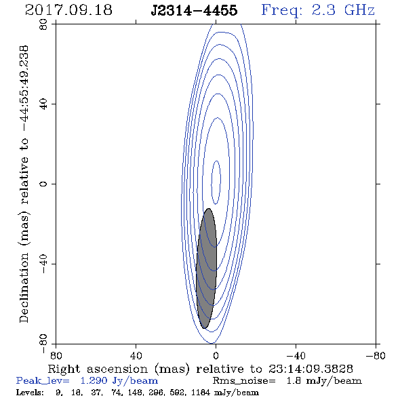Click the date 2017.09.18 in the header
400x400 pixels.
click(68, 10)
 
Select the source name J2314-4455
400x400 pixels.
click(194, 10)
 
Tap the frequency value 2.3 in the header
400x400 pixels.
click(323, 10)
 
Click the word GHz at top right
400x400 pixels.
click(360, 10)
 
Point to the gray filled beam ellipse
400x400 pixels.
click(206, 268)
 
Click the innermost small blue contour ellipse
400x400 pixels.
click(216, 182)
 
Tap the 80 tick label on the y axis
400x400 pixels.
click(43, 24)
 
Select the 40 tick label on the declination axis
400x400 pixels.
click(43, 104)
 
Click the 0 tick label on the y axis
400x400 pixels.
click(43, 184)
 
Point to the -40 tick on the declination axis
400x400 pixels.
click(43, 264)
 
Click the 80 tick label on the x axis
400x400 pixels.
click(56, 355)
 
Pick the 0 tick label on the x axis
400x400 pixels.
click(216, 355)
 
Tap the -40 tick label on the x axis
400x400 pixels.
click(296, 355)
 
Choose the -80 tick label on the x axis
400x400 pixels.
click(376, 355)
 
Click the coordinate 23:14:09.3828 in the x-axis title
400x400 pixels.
click(311, 369)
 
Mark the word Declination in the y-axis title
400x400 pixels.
click(24, 287)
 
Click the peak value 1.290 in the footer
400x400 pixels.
click(94, 381)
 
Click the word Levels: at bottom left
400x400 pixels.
click(30, 392)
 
